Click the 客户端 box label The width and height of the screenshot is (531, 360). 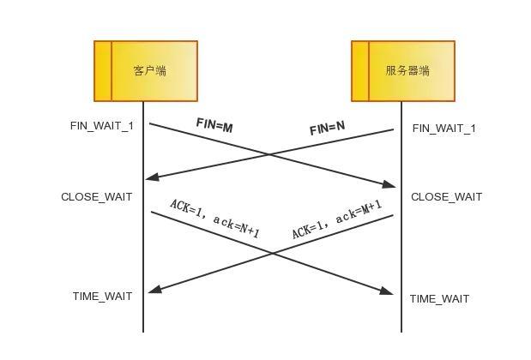click(150, 71)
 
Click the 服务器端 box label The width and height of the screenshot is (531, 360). click(407, 71)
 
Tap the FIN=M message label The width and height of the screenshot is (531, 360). click(214, 125)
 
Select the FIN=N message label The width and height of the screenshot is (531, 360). click(328, 128)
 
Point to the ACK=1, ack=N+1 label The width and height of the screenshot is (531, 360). click(214, 219)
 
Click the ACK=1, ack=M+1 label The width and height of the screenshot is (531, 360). click(336, 219)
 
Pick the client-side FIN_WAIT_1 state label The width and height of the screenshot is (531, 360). click(102, 126)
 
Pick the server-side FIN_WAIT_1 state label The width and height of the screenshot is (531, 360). click(444, 129)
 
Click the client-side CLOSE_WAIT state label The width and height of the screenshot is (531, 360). click(97, 197)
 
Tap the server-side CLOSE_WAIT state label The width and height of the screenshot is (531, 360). click(447, 197)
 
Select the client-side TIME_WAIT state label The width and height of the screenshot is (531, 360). click(103, 297)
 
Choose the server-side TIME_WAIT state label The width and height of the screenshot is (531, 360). click(440, 299)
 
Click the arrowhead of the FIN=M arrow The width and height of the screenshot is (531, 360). click(389, 184)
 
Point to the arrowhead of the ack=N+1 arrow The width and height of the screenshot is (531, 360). click(387, 292)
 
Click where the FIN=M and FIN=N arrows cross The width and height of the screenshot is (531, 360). click(270, 155)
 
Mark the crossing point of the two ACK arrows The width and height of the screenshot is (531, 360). click(273, 254)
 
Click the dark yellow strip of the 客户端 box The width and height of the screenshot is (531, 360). click(103, 71)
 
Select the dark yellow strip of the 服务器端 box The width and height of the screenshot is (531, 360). click(360, 71)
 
